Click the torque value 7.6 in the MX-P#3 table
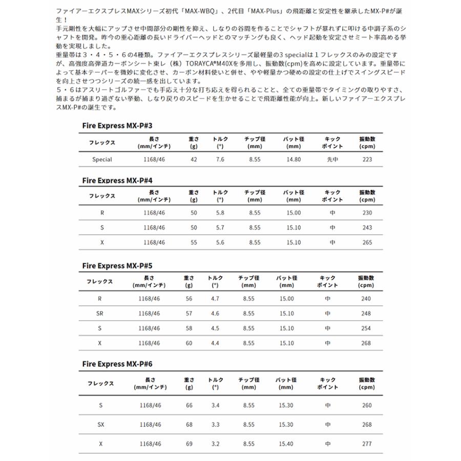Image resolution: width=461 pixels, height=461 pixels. (x=220, y=159)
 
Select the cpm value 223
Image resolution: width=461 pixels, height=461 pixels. (x=367, y=159)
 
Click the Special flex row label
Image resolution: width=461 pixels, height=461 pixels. (x=102, y=159)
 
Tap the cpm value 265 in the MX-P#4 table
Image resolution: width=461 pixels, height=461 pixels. (x=367, y=242)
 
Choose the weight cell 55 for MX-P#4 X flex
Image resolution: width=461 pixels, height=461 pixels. (x=194, y=242)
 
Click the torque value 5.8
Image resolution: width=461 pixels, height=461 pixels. (x=220, y=214)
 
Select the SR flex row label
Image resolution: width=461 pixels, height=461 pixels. (x=101, y=313)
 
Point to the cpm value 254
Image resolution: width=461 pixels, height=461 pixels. (x=366, y=328)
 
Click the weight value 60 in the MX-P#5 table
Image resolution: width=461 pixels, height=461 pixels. (x=189, y=343)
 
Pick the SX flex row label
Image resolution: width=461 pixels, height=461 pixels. (x=101, y=424)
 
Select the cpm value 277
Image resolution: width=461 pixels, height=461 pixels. (x=367, y=444)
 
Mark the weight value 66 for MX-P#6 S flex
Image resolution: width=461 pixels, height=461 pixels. (x=189, y=405)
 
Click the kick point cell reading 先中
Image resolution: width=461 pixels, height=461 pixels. (x=333, y=159)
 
